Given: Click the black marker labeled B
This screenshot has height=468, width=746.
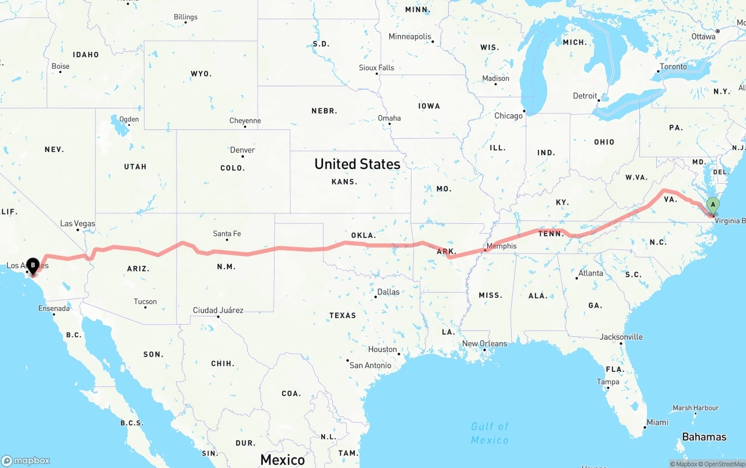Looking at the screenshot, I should (x=33, y=266).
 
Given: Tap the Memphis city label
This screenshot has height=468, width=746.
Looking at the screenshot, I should (x=501, y=246).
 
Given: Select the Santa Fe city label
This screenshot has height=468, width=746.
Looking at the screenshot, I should (x=227, y=234).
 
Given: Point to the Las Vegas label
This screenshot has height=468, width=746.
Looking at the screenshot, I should (x=78, y=223).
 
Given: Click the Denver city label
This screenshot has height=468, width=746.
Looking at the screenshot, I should (x=242, y=150).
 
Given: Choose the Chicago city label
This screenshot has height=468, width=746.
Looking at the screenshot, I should (x=509, y=115).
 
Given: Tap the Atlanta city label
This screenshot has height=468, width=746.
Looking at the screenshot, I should (x=590, y=273).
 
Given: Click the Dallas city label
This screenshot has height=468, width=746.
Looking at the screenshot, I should (x=388, y=291).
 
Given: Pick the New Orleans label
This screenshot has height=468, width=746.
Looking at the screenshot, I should (x=484, y=343).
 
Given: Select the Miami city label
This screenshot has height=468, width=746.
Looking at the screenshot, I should (x=657, y=422).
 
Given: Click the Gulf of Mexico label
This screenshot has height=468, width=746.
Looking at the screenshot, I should (x=490, y=433).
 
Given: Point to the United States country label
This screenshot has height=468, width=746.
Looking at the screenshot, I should (x=357, y=164).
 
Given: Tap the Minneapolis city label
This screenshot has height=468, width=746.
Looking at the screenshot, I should (x=410, y=36).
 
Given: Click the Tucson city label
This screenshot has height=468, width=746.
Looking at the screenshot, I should (x=145, y=301).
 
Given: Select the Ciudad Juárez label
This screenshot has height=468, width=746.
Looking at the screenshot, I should (x=218, y=310).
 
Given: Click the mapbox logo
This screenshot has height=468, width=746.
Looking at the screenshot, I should (x=26, y=460).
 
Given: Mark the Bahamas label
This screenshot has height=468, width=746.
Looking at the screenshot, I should (x=704, y=437).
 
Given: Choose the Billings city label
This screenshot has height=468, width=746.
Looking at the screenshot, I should (x=185, y=17).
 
